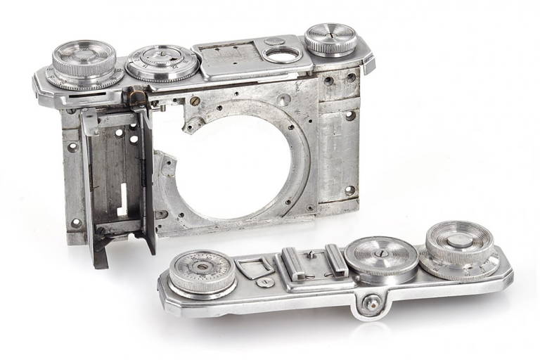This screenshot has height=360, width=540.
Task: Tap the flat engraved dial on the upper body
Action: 161,62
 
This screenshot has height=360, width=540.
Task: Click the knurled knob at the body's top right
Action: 330,39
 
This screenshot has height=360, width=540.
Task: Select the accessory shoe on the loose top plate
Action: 305,262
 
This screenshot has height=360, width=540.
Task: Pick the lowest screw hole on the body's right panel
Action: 349,189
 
